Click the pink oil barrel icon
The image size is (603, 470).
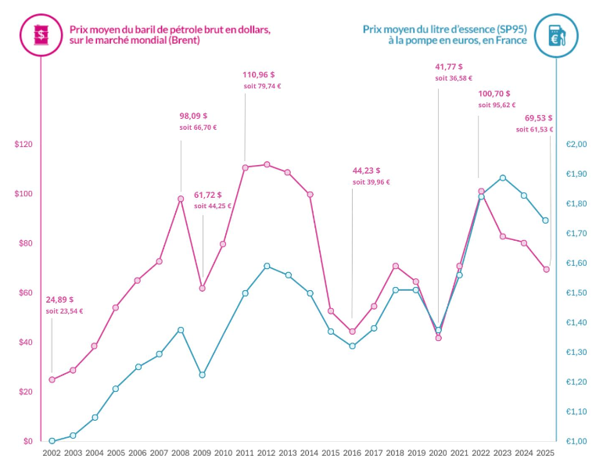(39, 34)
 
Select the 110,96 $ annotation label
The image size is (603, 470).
(258, 75)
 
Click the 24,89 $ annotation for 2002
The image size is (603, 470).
(59, 300)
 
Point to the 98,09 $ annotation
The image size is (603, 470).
(195, 116)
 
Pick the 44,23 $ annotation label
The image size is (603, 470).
(366, 170)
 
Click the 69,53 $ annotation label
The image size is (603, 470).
(538, 117)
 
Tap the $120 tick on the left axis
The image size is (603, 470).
(23, 145)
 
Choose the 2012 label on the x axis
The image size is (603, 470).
(266, 453)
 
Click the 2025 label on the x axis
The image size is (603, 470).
(546, 453)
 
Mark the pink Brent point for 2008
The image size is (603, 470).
(181, 199)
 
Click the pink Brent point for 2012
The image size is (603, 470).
(267, 164)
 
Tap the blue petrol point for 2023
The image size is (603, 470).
(503, 178)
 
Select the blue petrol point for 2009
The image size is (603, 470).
(202, 375)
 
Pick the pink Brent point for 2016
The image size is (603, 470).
(352, 332)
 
